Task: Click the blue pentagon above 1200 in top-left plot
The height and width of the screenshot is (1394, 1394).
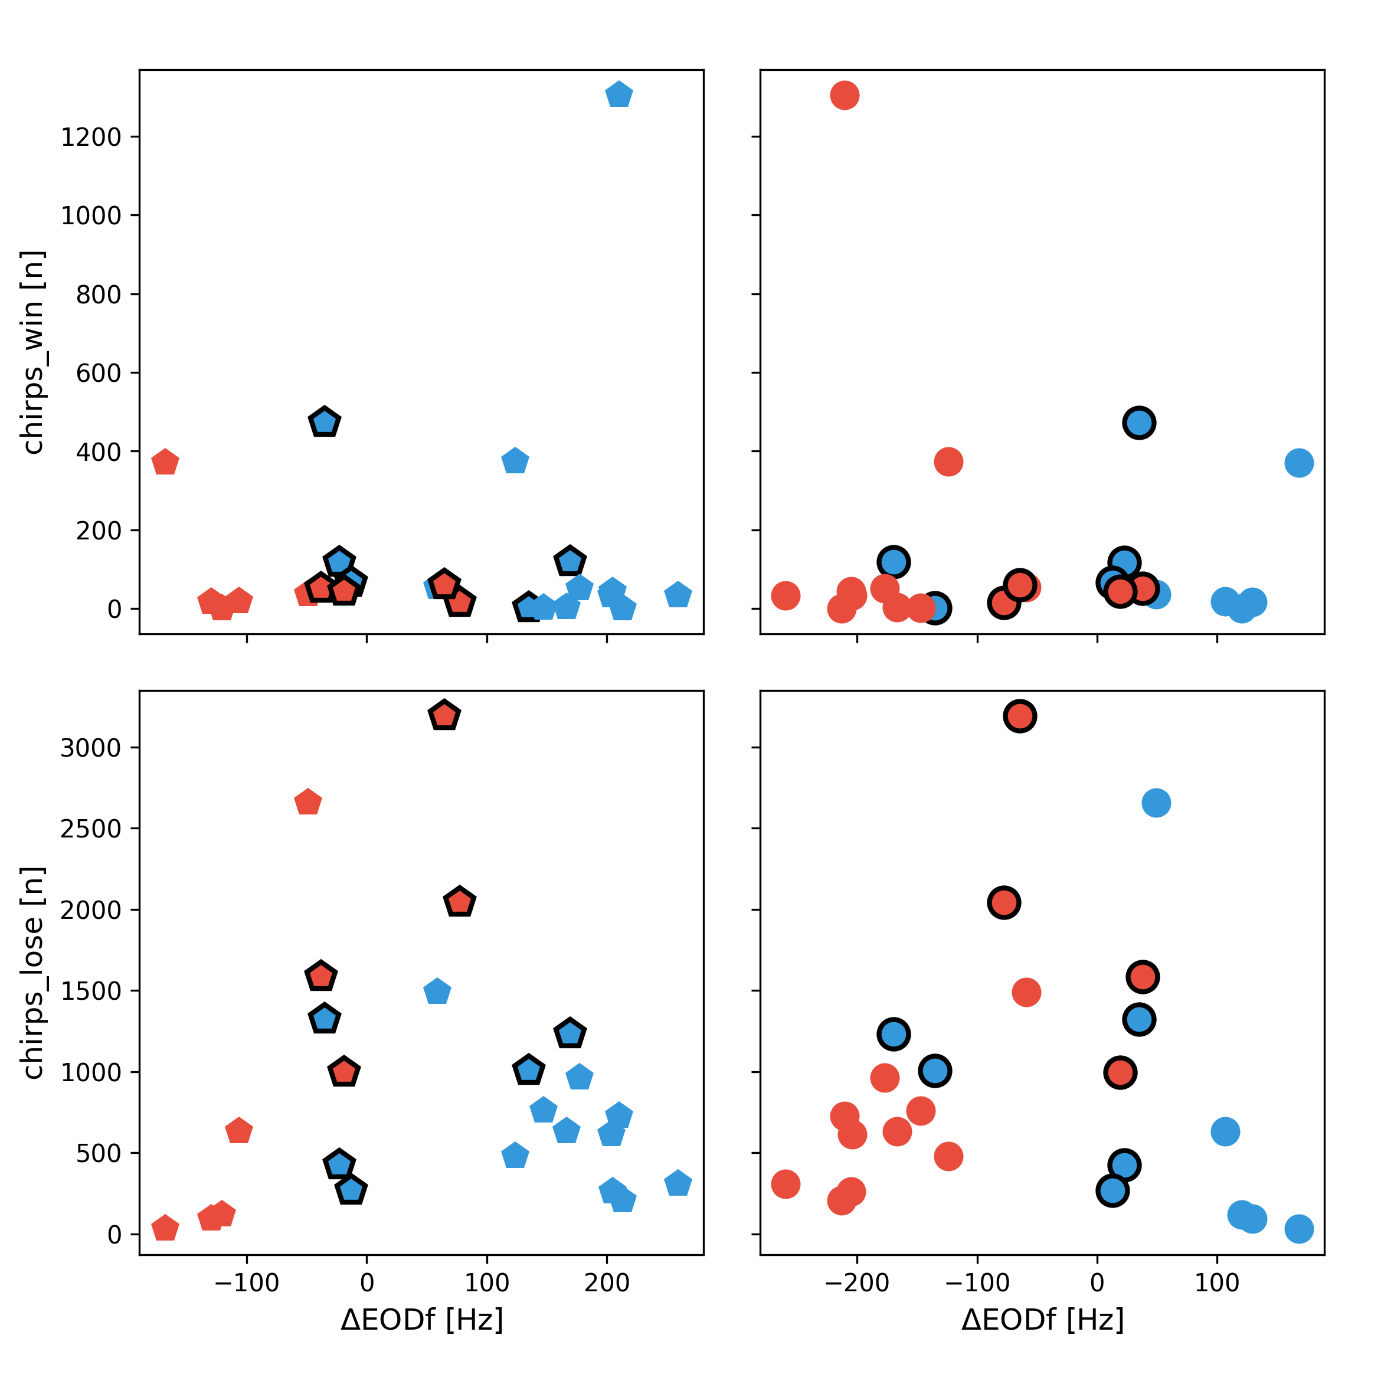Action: pyautogui.click(x=619, y=95)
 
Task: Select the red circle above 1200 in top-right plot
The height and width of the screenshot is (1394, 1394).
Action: pyautogui.click(x=844, y=95)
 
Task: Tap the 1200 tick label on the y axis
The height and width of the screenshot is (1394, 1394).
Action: pyautogui.click(x=91, y=137)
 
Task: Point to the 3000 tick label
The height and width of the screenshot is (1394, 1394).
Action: pyautogui.click(x=91, y=748)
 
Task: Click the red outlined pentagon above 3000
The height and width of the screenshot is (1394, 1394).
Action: pyautogui.click(x=444, y=716)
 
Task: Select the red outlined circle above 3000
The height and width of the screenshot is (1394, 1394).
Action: pyautogui.click(x=1019, y=716)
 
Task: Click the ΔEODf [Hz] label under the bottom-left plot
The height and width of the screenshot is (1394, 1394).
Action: pyautogui.click(x=421, y=1320)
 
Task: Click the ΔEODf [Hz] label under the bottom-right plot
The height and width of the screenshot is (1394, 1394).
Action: pyautogui.click(x=1043, y=1320)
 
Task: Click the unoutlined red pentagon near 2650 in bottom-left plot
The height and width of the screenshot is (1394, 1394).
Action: pyautogui.click(x=308, y=802)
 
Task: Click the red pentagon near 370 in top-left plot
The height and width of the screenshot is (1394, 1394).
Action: pyautogui.click(x=165, y=462)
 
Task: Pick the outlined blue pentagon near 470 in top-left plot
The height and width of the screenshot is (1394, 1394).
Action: pyautogui.click(x=325, y=422)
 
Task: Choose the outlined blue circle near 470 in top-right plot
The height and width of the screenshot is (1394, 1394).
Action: pyautogui.click(x=1138, y=423)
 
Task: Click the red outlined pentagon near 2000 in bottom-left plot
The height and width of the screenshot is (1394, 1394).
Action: pyautogui.click(x=460, y=902)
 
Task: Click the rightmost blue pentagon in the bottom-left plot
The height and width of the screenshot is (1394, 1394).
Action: pyautogui.click(x=678, y=1184)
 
